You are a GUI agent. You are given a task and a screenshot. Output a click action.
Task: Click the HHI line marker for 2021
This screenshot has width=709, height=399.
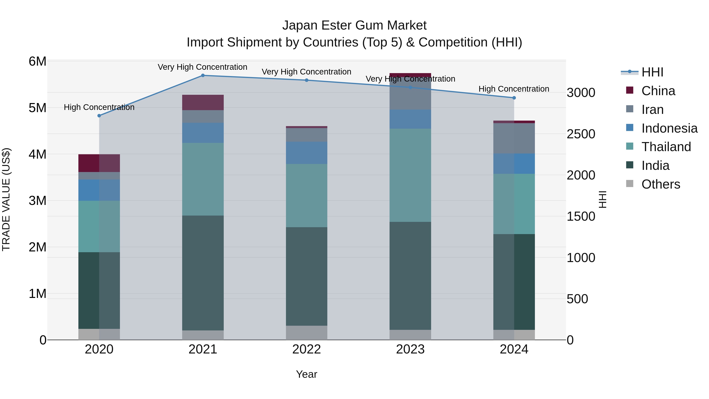pyautogui.click(x=203, y=75)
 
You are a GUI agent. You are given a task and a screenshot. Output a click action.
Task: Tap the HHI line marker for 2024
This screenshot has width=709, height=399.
pyautogui.click(x=514, y=98)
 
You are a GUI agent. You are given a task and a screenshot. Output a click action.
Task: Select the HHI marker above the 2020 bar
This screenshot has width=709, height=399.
pyautogui.click(x=99, y=116)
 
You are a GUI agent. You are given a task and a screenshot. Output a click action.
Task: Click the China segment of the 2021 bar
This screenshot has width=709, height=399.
pyautogui.click(x=203, y=102)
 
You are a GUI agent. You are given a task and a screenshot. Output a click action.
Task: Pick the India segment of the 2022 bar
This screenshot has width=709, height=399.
pyautogui.click(x=307, y=276)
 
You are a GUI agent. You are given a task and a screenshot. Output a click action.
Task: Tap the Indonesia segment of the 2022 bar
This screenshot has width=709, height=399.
pyautogui.click(x=307, y=153)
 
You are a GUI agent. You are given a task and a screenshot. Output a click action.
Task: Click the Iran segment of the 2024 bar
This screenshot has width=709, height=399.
pyautogui.click(x=514, y=138)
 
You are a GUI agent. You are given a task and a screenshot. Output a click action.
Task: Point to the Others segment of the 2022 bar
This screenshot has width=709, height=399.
pyautogui.click(x=307, y=333)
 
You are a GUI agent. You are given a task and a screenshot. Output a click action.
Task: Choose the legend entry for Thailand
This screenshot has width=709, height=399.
pyautogui.click(x=666, y=147)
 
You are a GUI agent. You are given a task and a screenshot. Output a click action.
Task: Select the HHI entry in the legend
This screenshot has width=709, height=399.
pyautogui.click(x=652, y=72)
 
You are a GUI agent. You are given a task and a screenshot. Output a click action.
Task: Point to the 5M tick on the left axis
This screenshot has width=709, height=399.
pyautogui.click(x=37, y=108)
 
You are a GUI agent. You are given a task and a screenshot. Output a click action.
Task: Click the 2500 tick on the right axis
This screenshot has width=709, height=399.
pyautogui.click(x=581, y=134)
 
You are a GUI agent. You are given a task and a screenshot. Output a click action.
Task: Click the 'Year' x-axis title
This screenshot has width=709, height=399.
pyautogui.click(x=307, y=374)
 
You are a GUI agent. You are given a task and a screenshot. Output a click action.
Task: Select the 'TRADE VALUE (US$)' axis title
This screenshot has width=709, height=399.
pyautogui.click(x=6, y=200)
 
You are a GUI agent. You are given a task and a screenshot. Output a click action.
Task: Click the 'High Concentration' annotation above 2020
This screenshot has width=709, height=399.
pyautogui.click(x=99, y=107)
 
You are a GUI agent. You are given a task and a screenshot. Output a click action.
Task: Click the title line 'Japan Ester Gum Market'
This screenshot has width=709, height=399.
pyautogui.click(x=354, y=25)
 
